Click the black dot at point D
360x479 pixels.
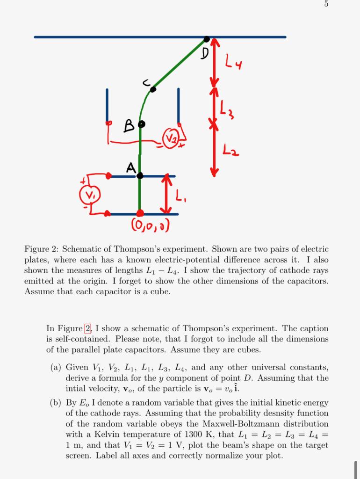point(207,39)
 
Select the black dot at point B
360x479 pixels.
point(142,124)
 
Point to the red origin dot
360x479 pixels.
point(139,214)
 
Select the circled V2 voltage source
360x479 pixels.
point(172,138)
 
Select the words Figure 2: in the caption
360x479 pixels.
point(42,248)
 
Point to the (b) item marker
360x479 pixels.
point(56,402)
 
